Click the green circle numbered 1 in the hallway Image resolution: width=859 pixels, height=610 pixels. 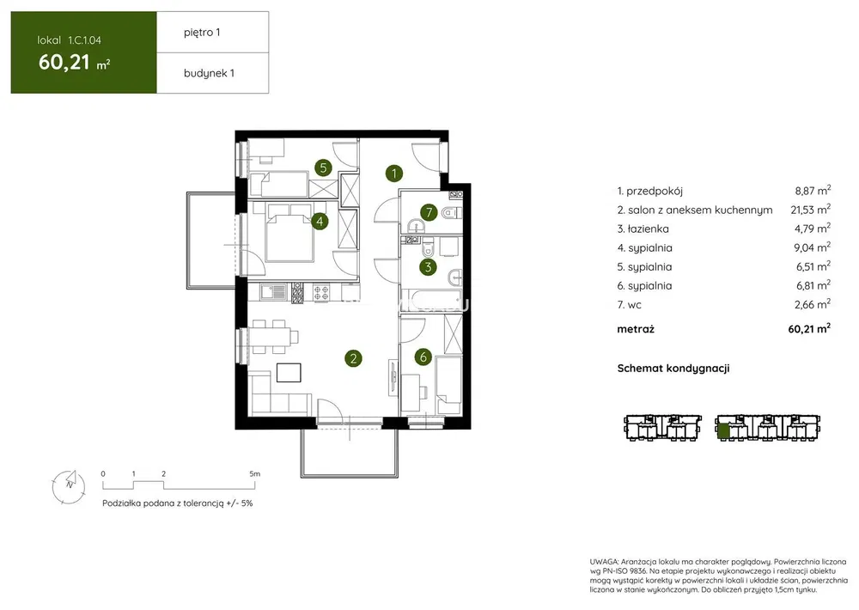pos(394,174)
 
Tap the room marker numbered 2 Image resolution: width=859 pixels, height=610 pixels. pos(353,358)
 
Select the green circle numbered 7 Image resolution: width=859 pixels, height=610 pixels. pos(429,212)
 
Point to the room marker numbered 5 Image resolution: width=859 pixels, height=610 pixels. pos(323,168)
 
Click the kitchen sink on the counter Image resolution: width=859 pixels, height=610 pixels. pos(273,292)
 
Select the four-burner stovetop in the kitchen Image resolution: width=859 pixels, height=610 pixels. pos(321,292)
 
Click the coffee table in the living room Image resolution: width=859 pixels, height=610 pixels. pos(289,373)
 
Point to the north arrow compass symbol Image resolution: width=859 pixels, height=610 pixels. pos(69,486)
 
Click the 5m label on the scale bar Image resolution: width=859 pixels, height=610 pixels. pos(255,473)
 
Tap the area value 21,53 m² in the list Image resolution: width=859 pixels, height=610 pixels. pos(810,210)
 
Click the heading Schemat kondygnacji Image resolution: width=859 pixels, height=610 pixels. pos(673,369)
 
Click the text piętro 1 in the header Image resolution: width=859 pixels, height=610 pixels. pos(202,33)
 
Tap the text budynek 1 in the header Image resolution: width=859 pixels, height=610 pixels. pos(209,73)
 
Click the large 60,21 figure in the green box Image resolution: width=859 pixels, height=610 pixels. pos(64,62)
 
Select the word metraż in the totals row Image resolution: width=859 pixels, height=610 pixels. pos(636,329)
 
